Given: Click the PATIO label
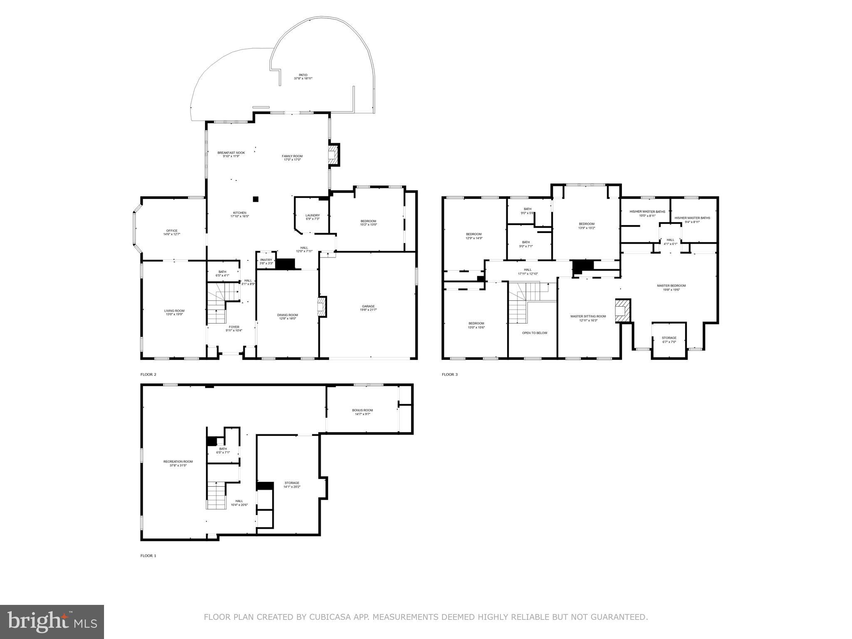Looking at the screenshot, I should [x=303, y=75].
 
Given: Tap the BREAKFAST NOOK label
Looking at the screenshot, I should [x=231, y=153].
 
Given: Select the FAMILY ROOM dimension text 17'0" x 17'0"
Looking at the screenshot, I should [x=292, y=160].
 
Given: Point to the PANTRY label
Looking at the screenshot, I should [x=266, y=260].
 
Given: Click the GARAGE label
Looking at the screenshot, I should [x=368, y=306].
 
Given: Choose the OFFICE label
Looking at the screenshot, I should [x=172, y=230].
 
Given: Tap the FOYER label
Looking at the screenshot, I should [x=234, y=327].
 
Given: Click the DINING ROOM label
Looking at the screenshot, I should [x=287, y=315].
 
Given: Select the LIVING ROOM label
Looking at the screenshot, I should [x=174, y=311].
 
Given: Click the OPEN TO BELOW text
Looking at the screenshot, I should [x=535, y=333].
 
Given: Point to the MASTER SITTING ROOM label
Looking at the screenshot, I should [x=588, y=316].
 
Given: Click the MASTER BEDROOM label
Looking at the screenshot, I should [x=671, y=285].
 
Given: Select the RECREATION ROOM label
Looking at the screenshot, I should [x=178, y=461].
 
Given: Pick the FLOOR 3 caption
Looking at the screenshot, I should [x=449, y=374].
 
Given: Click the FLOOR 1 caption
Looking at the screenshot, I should [x=148, y=555].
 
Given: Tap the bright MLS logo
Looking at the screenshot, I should [x=52, y=622].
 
